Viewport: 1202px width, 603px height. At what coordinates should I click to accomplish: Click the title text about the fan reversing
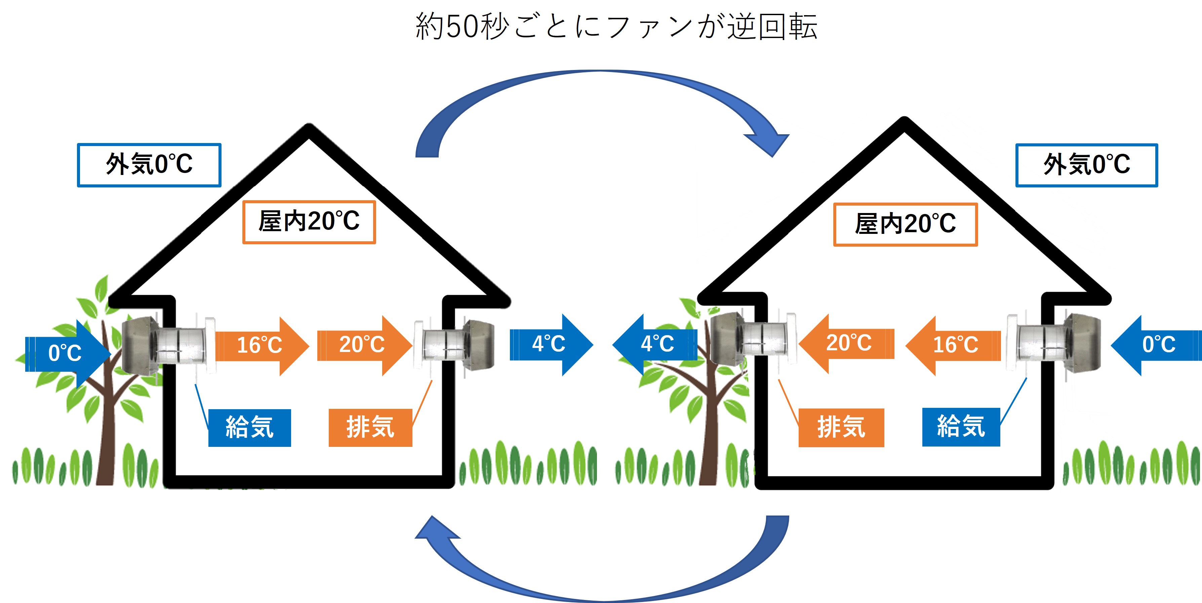pyautogui.click(x=616, y=26)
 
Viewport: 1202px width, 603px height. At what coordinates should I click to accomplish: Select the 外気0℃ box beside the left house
pyautogui.click(x=149, y=165)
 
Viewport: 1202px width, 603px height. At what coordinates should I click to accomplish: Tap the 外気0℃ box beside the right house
pyautogui.click(x=1086, y=165)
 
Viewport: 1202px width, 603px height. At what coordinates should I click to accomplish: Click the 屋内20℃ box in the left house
pyautogui.click(x=309, y=222)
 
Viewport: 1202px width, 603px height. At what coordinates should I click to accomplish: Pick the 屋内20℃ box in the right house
pyautogui.click(x=905, y=224)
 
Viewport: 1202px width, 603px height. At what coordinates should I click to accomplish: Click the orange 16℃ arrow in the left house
pyautogui.click(x=261, y=346)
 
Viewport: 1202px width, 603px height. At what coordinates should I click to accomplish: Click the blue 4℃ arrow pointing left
pyautogui.click(x=655, y=344)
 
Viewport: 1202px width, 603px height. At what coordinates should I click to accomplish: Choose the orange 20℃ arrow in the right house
pyautogui.click(x=847, y=343)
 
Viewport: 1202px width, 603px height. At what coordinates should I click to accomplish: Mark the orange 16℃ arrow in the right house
pyautogui.click(x=954, y=345)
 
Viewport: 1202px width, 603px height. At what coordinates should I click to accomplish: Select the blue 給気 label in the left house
pyautogui.click(x=250, y=428)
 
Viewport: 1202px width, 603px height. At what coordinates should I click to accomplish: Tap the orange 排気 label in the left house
pyautogui.click(x=370, y=428)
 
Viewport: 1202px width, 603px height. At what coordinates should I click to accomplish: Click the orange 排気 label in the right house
pyautogui.click(x=841, y=428)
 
